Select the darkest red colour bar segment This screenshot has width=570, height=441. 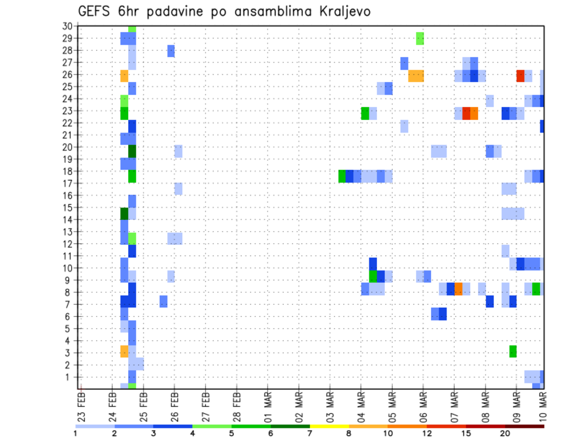click(x=525, y=426)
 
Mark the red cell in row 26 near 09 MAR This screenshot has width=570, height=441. click(x=520, y=75)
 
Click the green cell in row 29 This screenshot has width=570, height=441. click(x=420, y=39)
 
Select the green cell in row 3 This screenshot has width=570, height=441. click(x=512, y=351)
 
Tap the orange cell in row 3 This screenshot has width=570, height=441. click(x=124, y=351)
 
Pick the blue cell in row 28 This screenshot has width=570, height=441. click(x=171, y=51)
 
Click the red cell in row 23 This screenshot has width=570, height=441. click(x=466, y=113)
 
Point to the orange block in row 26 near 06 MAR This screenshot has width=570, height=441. click(x=416, y=75)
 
